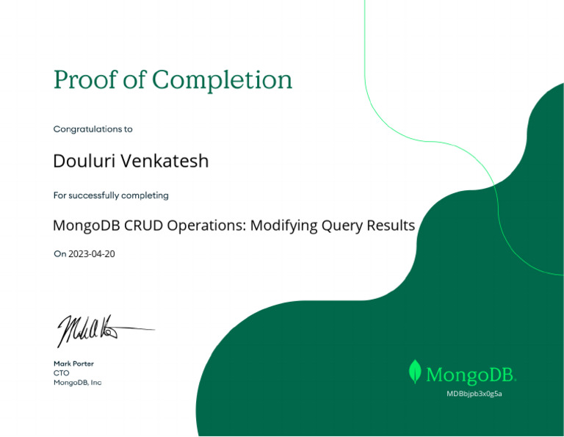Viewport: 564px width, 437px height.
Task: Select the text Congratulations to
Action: pyautogui.click(x=93, y=129)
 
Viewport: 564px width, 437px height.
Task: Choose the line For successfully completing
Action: pyautogui.click(x=111, y=195)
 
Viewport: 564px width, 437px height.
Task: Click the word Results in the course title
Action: pyautogui.click(x=392, y=225)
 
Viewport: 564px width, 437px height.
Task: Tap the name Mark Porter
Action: pyautogui.click(x=73, y=364)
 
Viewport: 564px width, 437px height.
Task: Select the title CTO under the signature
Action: pyautogui.click(x=61, y=373)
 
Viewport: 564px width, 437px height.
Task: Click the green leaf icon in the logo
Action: pyautogui.click(x=415, y=372)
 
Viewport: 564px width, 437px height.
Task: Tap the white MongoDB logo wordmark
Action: pyautogui.click(x=471, y=375)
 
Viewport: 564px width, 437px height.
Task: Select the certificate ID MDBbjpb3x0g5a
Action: pyautogui.click(x=474, y=394)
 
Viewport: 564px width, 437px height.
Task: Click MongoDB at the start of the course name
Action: pyautogui.click(x=82, y=225)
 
